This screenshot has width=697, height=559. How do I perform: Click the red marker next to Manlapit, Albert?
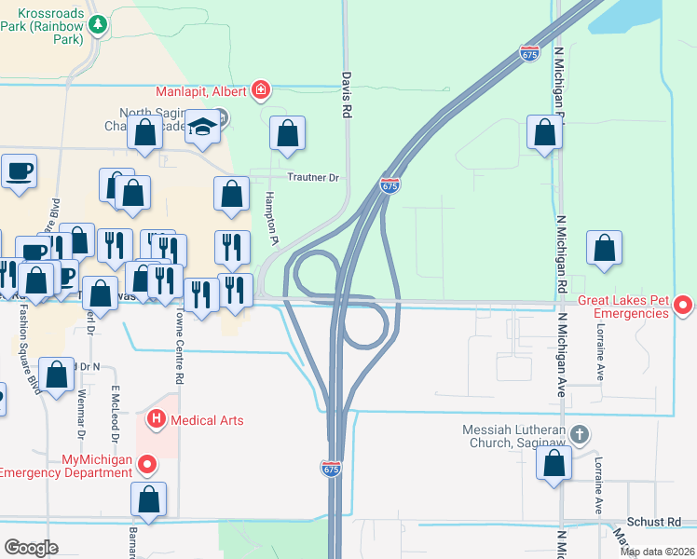pyautogui.click(x=262, y=90)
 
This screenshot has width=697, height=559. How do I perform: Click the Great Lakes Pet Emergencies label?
pyautogui.click(x=623, y=307)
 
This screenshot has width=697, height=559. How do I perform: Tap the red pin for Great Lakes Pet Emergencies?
pyautogui.click(x=683, y=305)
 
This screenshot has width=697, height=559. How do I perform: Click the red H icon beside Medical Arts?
pyautogui.click(x=157, y=420)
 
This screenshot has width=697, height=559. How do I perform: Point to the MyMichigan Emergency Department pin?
pyautogui.click(x=146, y=463)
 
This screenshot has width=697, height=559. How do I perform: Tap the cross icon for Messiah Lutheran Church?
pyautogui.click(x=580, y=434)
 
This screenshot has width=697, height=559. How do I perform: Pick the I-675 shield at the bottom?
pyautogui.click(x=332, y=468)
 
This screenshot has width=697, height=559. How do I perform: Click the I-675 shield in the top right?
pyautogui.click(x=530, y=54)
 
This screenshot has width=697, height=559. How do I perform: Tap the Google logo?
pyautogui.click(x=31, y=548)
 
